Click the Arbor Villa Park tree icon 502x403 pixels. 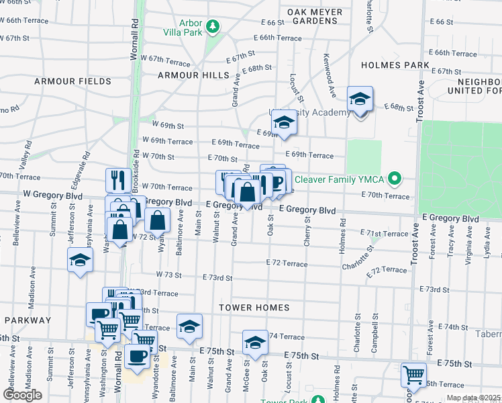213,27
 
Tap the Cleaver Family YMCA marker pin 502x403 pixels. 395,179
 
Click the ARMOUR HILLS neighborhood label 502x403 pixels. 189,75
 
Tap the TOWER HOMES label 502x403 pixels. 254,308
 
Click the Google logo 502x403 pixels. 22,395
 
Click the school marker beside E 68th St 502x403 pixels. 360,100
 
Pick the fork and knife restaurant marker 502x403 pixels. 118,179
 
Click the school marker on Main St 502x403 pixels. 189,326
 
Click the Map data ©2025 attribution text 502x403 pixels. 473,398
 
